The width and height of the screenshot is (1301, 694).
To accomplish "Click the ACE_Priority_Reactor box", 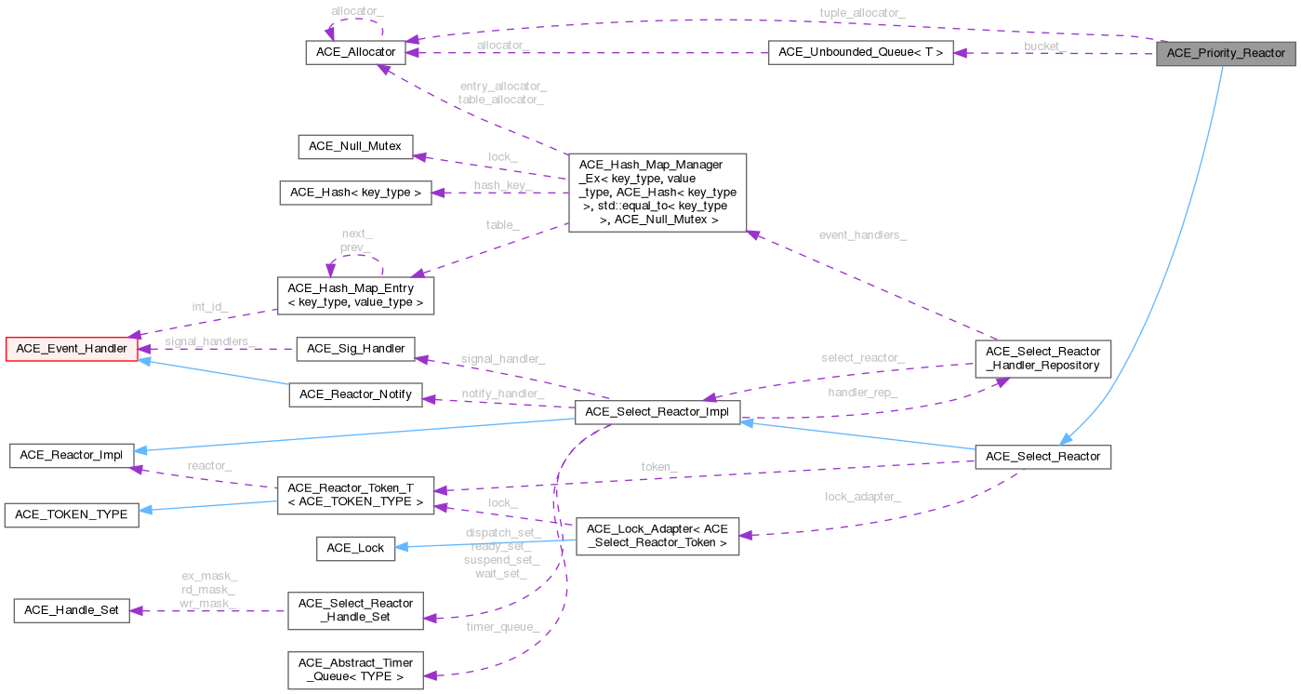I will point(1226,53).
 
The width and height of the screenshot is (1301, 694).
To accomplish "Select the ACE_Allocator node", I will point(354,52).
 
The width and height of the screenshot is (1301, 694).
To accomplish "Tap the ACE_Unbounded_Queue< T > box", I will point(860,52).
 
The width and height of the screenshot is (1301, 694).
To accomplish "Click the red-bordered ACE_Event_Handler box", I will point(72,349).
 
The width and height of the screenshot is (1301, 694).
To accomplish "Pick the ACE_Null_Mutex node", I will point(355,146).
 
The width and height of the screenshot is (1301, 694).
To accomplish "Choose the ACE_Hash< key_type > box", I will point(355,193).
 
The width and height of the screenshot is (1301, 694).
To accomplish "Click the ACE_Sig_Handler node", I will point(355,349).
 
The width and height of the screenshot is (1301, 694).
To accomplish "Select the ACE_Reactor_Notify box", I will point(355,394).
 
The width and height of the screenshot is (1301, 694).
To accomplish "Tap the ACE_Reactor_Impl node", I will point(72,455).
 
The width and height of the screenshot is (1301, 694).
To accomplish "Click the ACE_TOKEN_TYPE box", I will point(72,514).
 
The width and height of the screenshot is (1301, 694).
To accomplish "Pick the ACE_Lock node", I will point(355,548).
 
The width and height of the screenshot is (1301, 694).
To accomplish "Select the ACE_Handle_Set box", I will point(72,610).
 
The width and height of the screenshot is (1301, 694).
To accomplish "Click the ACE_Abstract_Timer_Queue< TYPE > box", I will point(355,668).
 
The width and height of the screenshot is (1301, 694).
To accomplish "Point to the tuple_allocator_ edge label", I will point(861,12).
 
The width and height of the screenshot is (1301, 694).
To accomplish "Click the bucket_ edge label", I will point(1044,46).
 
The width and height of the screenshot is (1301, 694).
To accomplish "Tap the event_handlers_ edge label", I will point(862,235).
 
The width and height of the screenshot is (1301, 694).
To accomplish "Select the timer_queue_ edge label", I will point(502,627).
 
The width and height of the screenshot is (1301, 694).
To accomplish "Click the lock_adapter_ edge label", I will point(862,497).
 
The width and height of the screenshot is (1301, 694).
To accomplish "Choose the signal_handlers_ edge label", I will point(209,341).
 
